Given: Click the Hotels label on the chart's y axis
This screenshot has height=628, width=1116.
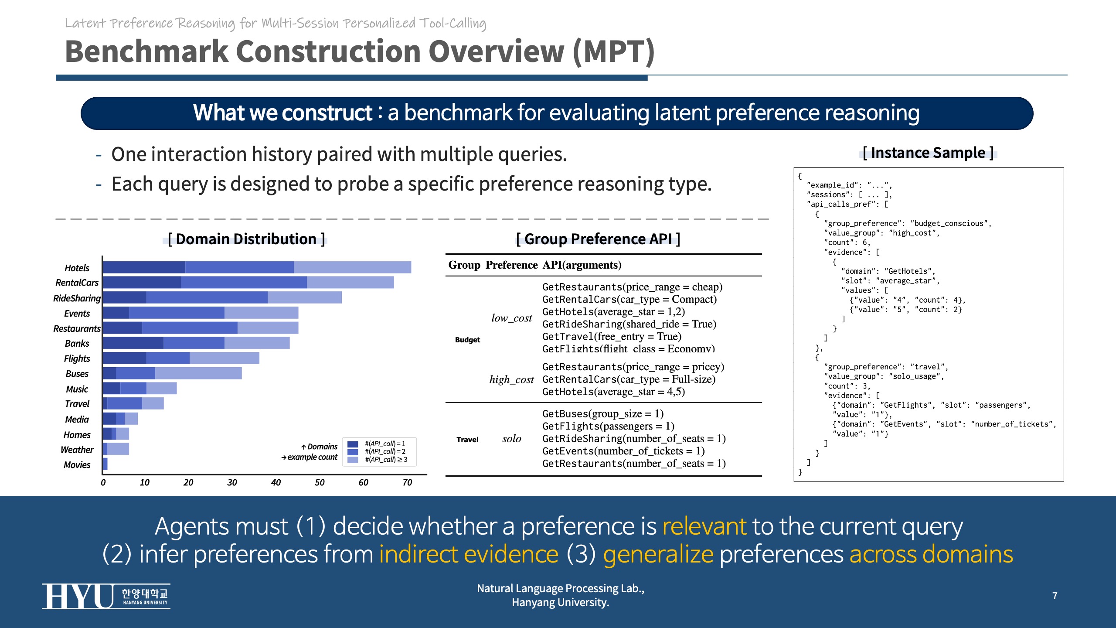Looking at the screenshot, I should pos(77,268).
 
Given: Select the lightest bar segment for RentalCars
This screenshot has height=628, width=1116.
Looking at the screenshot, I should pos(350,282).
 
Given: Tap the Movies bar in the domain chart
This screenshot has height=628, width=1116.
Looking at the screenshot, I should pos(105,464).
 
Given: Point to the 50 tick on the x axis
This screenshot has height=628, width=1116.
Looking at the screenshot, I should pos(320,482).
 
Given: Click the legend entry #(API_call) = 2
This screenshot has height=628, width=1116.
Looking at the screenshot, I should pos(385,451).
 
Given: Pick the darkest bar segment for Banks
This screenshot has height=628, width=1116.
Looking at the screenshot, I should pos(133,343).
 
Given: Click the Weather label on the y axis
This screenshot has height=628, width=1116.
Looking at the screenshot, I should pos(77,450).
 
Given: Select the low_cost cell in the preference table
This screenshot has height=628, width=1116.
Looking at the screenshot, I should pos(511,318).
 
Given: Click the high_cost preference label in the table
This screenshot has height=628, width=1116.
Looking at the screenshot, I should pos(511,379).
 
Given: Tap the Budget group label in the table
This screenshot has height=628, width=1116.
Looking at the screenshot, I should pos(467,340).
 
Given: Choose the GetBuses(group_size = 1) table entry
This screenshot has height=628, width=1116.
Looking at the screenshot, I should pos(602,413).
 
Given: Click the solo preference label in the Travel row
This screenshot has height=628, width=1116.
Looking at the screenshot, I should pos(511,439).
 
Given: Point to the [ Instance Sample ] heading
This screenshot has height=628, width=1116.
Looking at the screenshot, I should pos(928,153).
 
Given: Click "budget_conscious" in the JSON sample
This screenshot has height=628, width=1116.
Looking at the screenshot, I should pos(950,223).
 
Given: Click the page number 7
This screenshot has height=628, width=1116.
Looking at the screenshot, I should pos(1055,596).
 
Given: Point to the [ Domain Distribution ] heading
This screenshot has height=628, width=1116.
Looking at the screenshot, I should pos(246,239).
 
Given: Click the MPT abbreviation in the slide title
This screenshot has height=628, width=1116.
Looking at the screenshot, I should pos(614,51).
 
